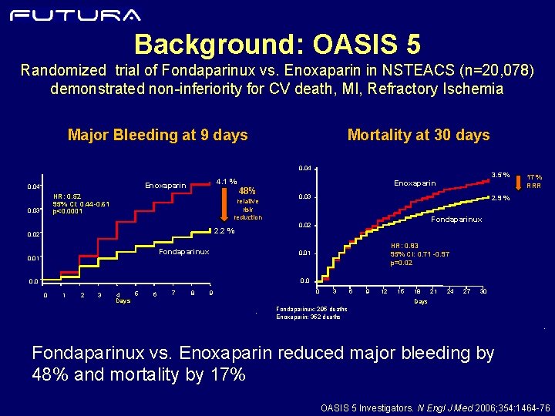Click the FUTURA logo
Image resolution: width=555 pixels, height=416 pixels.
coord(76,15)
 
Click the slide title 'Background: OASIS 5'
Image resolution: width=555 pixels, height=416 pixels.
coord(277,42)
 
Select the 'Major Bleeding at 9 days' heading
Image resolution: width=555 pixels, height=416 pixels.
coord(157,136)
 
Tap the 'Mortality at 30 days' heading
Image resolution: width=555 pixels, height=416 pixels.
coord(419,136)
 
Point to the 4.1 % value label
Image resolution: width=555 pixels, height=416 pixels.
coord(226,182)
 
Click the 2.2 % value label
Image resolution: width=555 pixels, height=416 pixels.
coord(224,230)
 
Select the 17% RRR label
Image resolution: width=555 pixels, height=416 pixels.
coord(533,181)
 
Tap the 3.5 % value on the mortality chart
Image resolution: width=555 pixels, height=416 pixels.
coord(501,176)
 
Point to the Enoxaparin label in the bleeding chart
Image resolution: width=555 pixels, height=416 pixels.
coord(166,186)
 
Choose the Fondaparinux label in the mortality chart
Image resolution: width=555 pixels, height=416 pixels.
coord(456,220)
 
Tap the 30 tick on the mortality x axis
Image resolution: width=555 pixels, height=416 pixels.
coord(483,291)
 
